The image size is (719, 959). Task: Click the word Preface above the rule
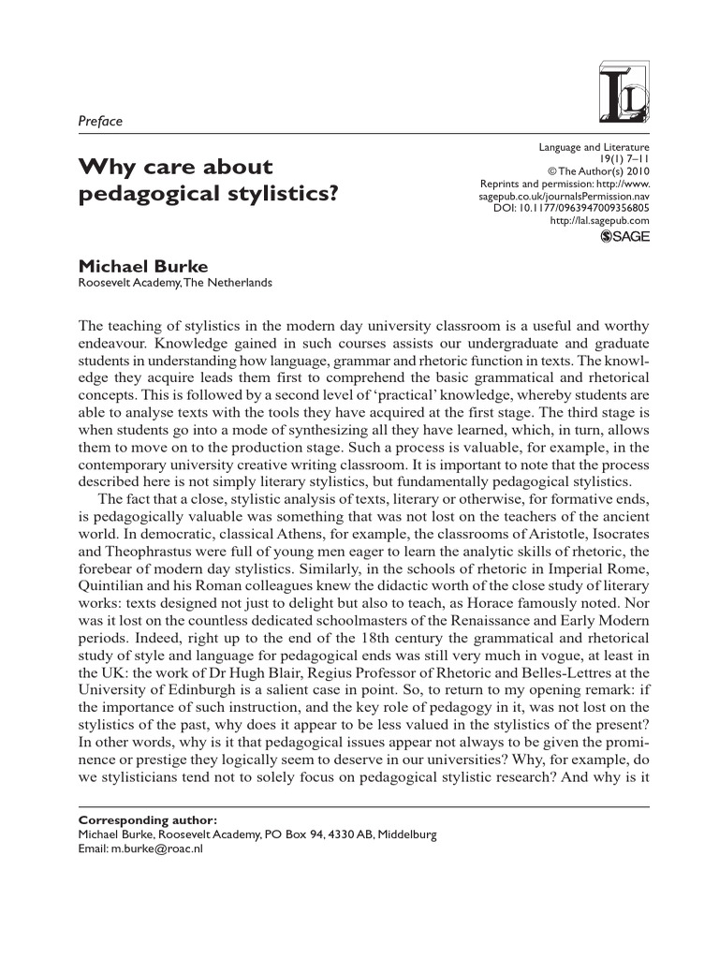[x=98, y=121]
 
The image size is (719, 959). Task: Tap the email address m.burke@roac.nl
[x=156, y=848]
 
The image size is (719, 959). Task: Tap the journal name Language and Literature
[x=594, y=148]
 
